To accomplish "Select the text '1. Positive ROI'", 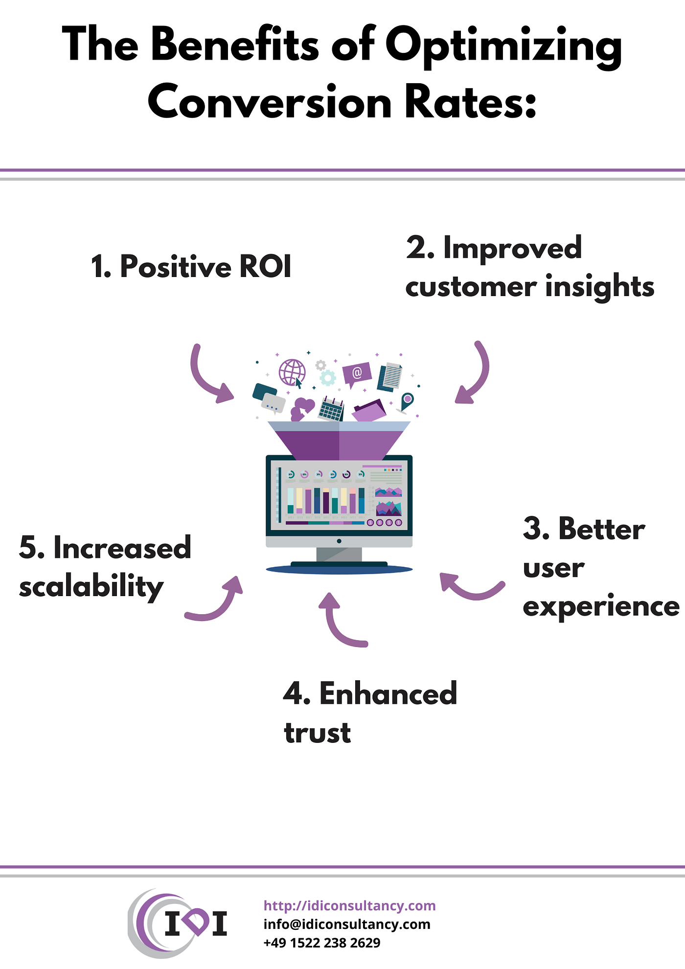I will pos(191,267).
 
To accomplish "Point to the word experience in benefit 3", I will pos(601,607).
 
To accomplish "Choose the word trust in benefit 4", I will pos(318,733).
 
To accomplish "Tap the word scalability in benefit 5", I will pos(91,587).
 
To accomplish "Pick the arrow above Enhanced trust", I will pos(340,622).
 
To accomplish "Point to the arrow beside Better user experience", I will pos(470,587).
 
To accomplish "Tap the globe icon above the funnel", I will pos(292,372).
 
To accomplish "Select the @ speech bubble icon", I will pos(357,374).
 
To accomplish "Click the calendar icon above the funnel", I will pos(331,409).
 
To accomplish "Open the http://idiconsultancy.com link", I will pos(349,905).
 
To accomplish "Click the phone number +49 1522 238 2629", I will pos(321,943).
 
